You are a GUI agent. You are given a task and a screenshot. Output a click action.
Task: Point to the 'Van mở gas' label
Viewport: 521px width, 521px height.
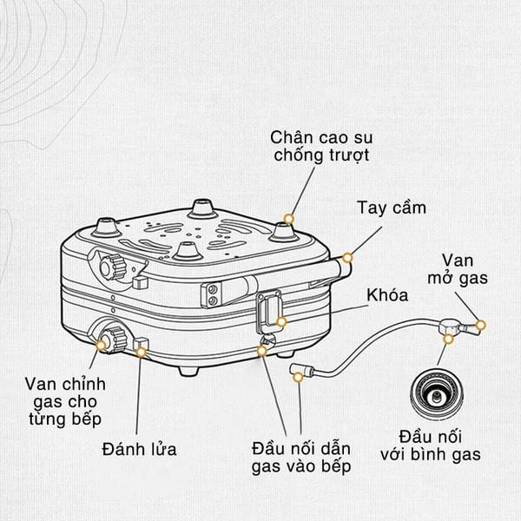click(x=465, y=269)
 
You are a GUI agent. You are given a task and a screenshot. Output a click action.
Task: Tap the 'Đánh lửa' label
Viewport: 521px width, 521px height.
click(x=139, y=449)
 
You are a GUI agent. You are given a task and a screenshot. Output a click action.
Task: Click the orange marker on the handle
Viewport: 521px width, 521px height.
click(x=346, y=257)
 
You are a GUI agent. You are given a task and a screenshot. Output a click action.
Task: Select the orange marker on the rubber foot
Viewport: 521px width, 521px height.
click(x=289, y=218)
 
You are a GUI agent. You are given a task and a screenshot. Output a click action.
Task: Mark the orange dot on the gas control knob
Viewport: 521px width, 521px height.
click(x=102, y=345)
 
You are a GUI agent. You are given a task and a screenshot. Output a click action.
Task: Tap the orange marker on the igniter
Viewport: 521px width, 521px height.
click(x=142, y=352)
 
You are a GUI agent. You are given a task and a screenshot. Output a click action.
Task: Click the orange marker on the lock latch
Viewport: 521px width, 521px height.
click(x=281, y=322)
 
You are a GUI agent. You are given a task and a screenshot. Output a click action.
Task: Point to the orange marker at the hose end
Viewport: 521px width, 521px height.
click(x=299, y=375)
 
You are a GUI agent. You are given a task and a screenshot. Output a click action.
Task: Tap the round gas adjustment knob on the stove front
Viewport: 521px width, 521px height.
click(x=111, y=336)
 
